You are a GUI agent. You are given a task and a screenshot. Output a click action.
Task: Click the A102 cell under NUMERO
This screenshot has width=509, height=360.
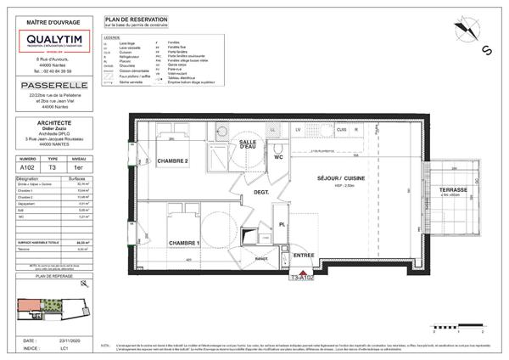[x=28, y=168]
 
